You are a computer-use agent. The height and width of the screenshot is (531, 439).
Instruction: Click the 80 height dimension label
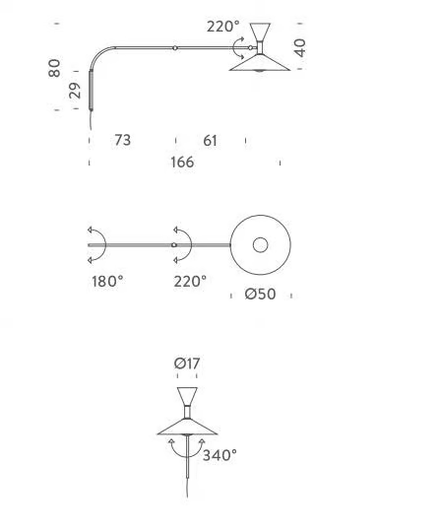coord(54,68)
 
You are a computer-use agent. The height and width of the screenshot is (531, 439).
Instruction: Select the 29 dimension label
coord(75,91)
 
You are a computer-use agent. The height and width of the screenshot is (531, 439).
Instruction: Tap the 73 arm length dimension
coord(122,140)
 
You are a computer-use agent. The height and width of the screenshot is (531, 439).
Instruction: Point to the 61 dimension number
coord(211,141)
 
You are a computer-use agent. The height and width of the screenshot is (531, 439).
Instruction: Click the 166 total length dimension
coord(182,163)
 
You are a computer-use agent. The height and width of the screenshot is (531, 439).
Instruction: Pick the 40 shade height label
coord(300,47)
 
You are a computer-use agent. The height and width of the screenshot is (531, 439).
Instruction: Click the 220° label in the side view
coord(223,27)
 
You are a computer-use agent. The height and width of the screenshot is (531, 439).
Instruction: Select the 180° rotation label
coord(107,281)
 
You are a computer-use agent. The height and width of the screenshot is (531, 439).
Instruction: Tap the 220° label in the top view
coord(190,281)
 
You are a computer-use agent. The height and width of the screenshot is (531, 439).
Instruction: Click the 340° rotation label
coord(219,455)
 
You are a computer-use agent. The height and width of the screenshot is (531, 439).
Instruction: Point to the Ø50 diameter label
coord(260,294)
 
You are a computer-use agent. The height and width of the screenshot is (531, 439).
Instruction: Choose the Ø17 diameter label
coord(187,364)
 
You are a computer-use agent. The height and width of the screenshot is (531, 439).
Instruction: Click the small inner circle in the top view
coord(260,245)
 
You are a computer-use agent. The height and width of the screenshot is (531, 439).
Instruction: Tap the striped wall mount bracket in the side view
coord(92,90)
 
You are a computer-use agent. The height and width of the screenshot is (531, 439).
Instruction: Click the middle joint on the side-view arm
coord(175,48)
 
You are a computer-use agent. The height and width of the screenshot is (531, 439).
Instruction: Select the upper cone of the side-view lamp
coord(260,32)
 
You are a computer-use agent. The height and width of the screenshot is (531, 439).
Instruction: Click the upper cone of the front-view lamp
coord(187,396)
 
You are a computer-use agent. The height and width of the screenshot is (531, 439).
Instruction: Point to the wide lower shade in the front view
coord(187,427)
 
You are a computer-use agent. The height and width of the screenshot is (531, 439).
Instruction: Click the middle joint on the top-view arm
coord(174,245)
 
